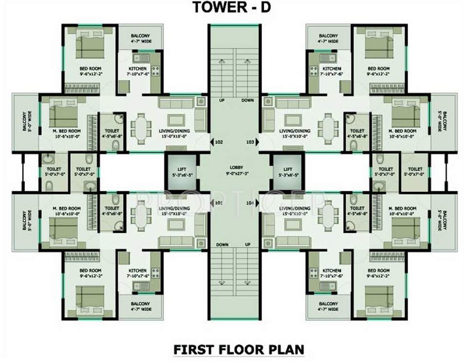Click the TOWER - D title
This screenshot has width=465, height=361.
pos(232,8)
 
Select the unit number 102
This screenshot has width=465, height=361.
pos(218,143)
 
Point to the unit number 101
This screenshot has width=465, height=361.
pos(218,202)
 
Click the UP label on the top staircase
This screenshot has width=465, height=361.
pos(221,100)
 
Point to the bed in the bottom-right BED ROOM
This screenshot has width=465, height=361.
pos(379,295)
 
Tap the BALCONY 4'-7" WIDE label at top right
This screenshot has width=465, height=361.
pos(328,39)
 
